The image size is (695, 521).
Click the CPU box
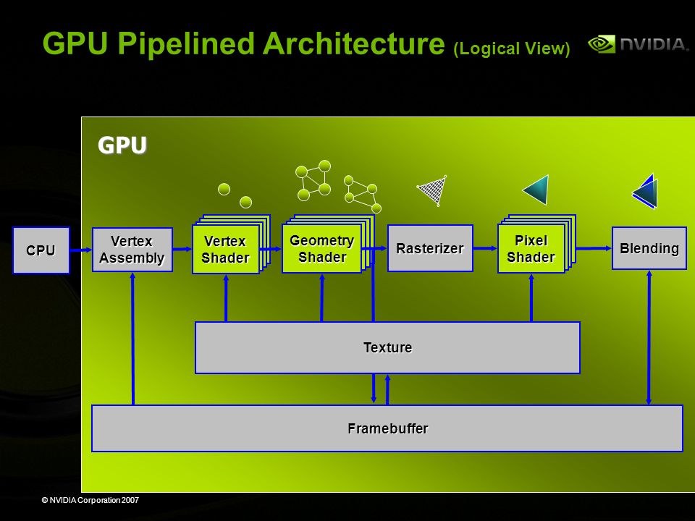[41, 250]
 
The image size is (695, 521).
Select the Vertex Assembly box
[132, 250]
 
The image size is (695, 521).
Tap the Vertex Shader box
[226, 249]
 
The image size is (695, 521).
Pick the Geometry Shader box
[321, 248]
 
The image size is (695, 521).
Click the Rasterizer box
[430, 248]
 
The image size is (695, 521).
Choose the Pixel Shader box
[531, 248]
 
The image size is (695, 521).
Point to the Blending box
[649, 248]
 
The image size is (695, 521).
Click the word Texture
[387, 347]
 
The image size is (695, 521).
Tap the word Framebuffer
[388, 428]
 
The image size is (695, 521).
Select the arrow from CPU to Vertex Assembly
[81, 250]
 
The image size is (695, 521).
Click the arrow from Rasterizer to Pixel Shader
[485, 248]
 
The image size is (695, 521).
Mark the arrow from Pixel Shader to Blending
[594, 248]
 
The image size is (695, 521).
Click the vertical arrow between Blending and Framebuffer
[649, 337]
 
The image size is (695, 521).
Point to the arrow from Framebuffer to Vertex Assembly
[132, 339]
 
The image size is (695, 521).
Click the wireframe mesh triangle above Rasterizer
[433, 190]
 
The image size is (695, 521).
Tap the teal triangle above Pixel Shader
[536, 190]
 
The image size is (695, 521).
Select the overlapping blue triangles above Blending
[645, 191]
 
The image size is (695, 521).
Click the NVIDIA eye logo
[602, 44]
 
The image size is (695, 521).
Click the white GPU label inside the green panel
[122, 145]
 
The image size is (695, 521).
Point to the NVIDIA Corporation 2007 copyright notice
[90, 500]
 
